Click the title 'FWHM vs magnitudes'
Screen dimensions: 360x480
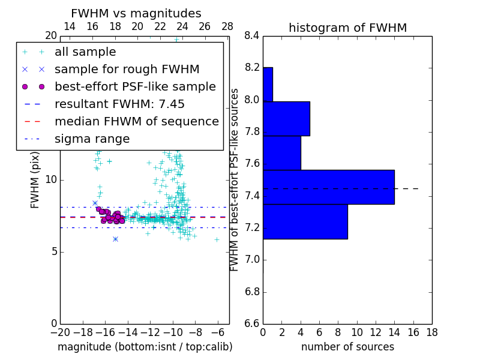pos(136,13)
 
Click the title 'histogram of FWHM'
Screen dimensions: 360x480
pos(347,28)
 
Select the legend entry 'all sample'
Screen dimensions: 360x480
pos(85,52)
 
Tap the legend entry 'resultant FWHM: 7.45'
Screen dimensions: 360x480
pos(119,104)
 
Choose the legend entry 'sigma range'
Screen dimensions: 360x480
pos(92,139)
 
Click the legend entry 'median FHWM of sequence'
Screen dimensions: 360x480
pos(136,121)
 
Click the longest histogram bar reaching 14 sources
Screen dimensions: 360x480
pos(329,187)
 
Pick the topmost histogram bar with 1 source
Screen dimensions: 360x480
pos(268,84)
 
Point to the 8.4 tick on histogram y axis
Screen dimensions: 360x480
pos(251,35)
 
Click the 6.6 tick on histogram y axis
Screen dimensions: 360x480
pos(251,323)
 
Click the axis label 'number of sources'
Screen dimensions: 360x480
pos(347,347)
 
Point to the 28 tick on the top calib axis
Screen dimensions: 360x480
pos(227,26)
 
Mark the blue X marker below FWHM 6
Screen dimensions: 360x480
pos(115,239)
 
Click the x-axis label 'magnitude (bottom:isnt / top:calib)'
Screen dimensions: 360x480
pos(145,347)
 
